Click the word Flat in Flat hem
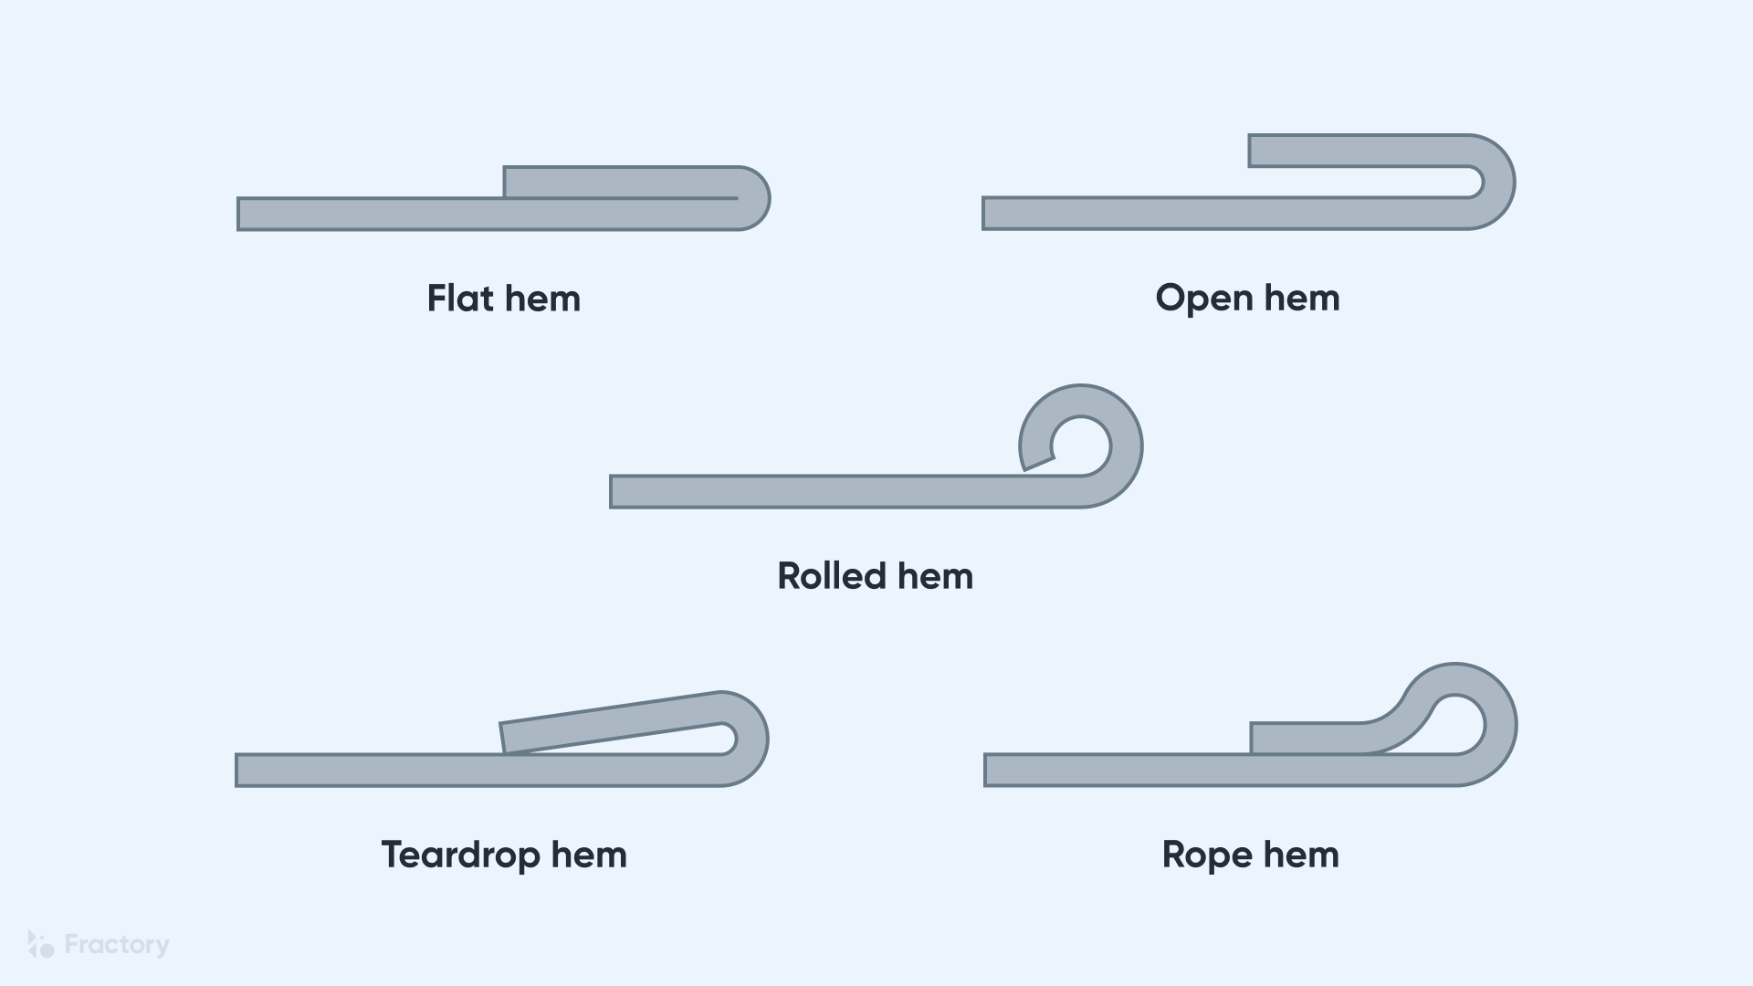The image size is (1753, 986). tap(460, 299)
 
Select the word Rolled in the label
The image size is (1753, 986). tap(832, 576)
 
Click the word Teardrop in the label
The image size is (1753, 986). tap(460, 855)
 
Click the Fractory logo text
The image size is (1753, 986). tap(117, 944)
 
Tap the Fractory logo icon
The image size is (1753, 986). tap(40, 944)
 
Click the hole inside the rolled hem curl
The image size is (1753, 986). tap(1082, 446)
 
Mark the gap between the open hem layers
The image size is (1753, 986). tap(1370, 182)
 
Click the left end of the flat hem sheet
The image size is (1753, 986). tap(241, 214)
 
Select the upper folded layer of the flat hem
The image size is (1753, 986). tap(621, 182)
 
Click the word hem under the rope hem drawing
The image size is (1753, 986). tap(1301, 855)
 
